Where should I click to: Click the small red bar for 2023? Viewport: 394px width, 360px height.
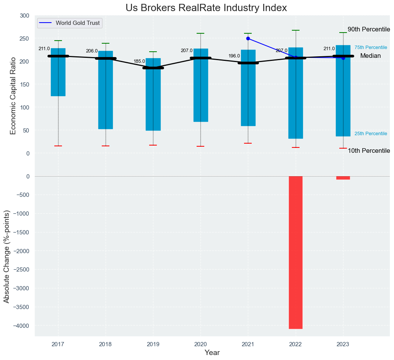[x=343, y=178]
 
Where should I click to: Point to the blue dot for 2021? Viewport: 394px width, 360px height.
[x=248, y=38]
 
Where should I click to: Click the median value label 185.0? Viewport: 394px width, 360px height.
[x=139, y=61]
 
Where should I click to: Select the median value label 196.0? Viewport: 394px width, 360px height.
[x=234, y=56]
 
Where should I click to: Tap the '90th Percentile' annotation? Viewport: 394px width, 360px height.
[x=368, y=29]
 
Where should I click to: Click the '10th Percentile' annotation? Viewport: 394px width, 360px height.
[x=368, y=151]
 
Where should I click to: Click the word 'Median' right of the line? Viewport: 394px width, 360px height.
[x=370, y=56]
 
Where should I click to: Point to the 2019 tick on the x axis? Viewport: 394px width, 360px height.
[x=153, y=344]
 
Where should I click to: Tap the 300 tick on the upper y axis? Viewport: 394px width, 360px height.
[x=24, y=16]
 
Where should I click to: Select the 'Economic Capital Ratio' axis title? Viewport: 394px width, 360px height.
[x=13, y=95]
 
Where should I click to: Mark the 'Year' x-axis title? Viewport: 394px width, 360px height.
[x=212, y=353]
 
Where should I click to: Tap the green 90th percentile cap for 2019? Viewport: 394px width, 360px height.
[x=153, y=52]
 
